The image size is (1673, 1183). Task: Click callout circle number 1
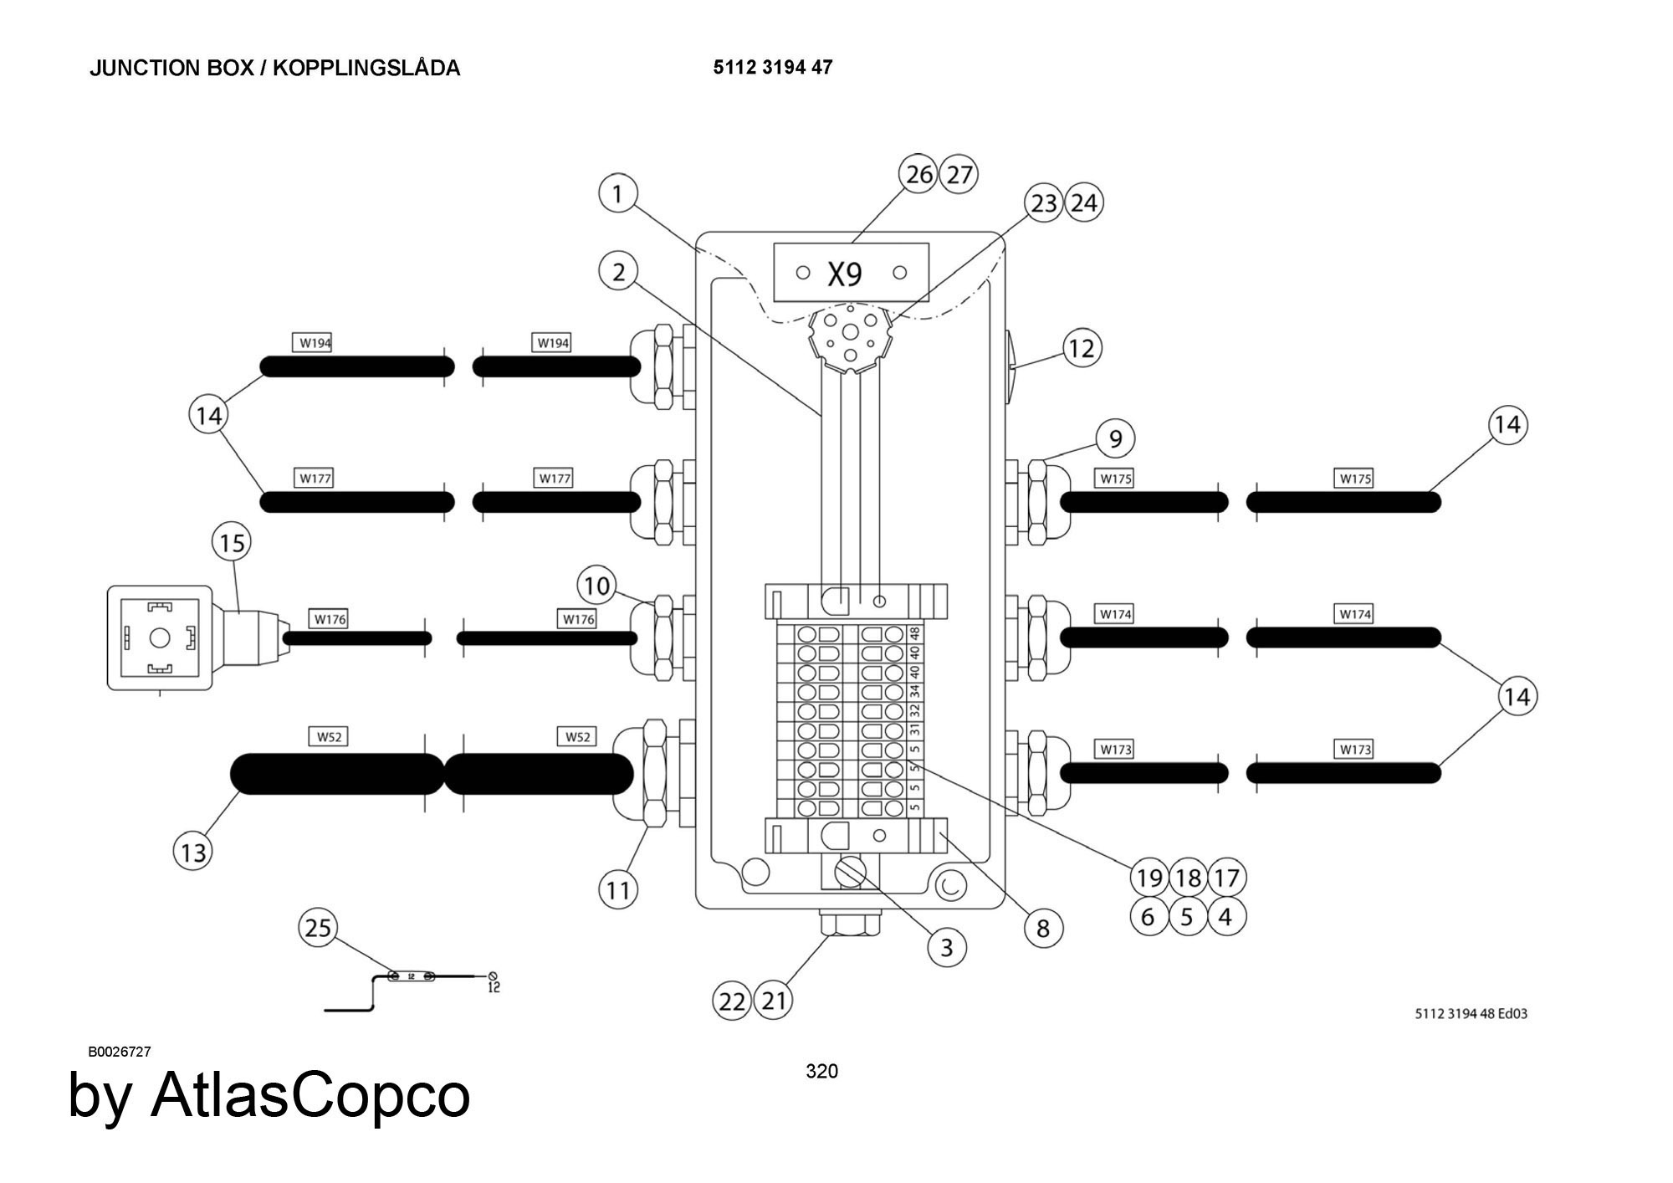point(617,194)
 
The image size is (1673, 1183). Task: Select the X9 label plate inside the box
point(851,273)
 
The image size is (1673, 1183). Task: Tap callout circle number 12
point(1082,348)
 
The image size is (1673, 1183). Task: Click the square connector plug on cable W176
point(160,638)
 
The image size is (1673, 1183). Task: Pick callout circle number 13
point(193,853)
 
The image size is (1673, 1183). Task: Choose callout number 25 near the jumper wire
point(319,928)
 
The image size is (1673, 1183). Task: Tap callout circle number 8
point(1043,928)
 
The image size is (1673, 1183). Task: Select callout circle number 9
point(1115,438)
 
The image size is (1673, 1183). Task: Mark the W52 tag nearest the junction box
point(577,737)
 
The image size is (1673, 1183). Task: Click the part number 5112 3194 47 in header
point(772,68)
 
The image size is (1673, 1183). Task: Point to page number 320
point(821,1071)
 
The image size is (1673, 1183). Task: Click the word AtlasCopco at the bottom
point(310,1095)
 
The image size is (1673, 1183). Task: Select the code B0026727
point(120,1052)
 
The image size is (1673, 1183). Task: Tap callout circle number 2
point(618,272)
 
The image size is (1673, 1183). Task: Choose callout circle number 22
point(732,1001)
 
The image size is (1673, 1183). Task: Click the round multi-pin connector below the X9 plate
point(849,338)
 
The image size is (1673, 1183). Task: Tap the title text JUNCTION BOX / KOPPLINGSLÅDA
point(274,69)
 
